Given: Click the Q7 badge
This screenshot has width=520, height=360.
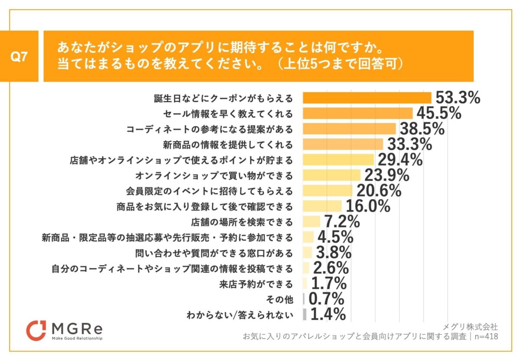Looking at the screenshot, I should point(19,56).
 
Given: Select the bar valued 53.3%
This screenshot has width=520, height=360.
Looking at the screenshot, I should point(367,98).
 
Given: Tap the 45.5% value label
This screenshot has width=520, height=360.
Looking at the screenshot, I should point(438,114).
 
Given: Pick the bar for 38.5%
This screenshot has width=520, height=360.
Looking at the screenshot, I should point(349,129).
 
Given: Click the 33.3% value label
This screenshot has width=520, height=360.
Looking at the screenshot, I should point(409,144).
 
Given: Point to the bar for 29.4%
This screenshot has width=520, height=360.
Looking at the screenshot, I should point(338,159).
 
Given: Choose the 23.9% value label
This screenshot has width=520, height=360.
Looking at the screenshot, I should point(387,175).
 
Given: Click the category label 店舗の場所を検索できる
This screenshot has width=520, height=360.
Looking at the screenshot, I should point(242,223).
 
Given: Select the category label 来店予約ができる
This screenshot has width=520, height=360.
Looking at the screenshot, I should point(257,284).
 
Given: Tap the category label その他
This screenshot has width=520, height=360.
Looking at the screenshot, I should point(282,299).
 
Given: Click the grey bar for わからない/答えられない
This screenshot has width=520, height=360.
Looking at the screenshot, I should point(305,315).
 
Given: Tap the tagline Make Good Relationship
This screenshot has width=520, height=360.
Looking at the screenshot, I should point(77,338).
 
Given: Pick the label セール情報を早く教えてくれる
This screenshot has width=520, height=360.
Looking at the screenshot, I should point(228,114).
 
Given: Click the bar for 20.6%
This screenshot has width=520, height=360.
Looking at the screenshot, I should point(328,190).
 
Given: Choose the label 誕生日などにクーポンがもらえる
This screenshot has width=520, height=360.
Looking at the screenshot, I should point(224,98).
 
